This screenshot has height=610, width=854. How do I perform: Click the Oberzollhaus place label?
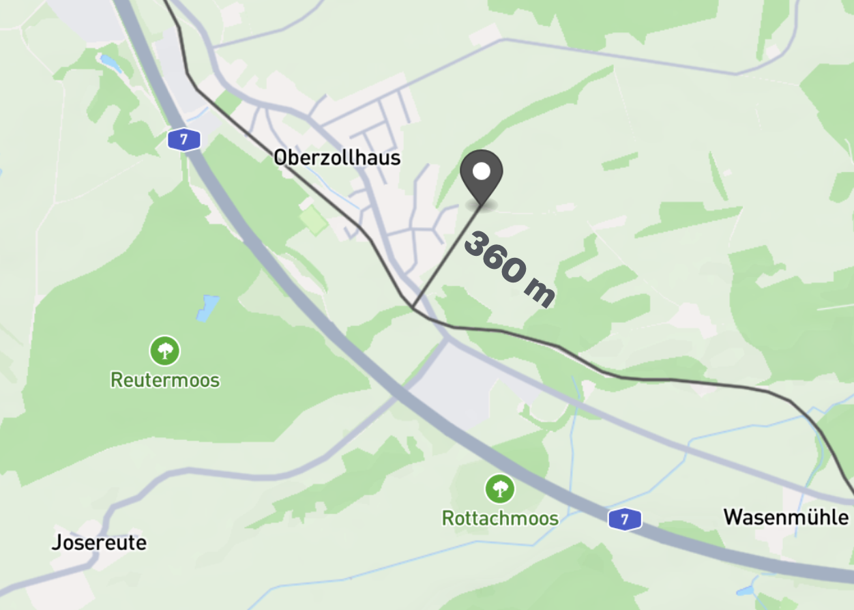(337, 158)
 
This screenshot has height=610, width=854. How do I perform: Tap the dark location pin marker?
(482, 176)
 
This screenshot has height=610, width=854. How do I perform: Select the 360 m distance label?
(509, 269)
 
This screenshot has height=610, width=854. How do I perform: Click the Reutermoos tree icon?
(164, 351)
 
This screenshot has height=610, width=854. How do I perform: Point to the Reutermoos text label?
(165, 379)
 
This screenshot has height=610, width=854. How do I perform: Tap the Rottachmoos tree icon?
(500, 489)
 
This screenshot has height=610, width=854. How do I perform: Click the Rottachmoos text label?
(500, 519)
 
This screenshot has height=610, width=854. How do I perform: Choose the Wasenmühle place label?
(786, 517)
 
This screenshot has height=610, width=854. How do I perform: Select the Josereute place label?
(99, 543)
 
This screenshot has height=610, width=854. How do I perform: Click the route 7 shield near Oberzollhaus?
(184, 140)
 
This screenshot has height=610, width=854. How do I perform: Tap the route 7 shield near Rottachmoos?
(625, 519)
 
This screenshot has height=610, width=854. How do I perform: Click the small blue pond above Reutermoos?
(208, 308)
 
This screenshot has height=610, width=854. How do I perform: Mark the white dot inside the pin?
(482, 171)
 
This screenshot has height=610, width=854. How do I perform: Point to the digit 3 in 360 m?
(477, 244)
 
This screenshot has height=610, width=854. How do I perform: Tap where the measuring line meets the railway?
(413, 307)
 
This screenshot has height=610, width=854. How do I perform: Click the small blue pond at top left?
(111, 63)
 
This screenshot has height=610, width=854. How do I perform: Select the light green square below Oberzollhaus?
(314, 220)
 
